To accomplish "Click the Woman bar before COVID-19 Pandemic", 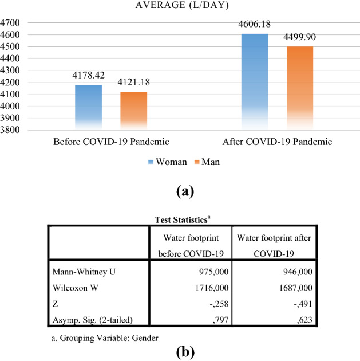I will click(x=89, y=106).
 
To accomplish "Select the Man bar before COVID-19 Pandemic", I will click(x=134, y=109).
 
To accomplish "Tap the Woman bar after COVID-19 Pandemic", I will click(x=255, y=80).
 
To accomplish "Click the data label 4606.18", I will click(x=255, y=25).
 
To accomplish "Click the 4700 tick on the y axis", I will click(x=10, y=23).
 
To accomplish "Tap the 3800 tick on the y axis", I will click(x=10, y=130).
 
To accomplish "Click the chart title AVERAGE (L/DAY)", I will click(x=180, y=5).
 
